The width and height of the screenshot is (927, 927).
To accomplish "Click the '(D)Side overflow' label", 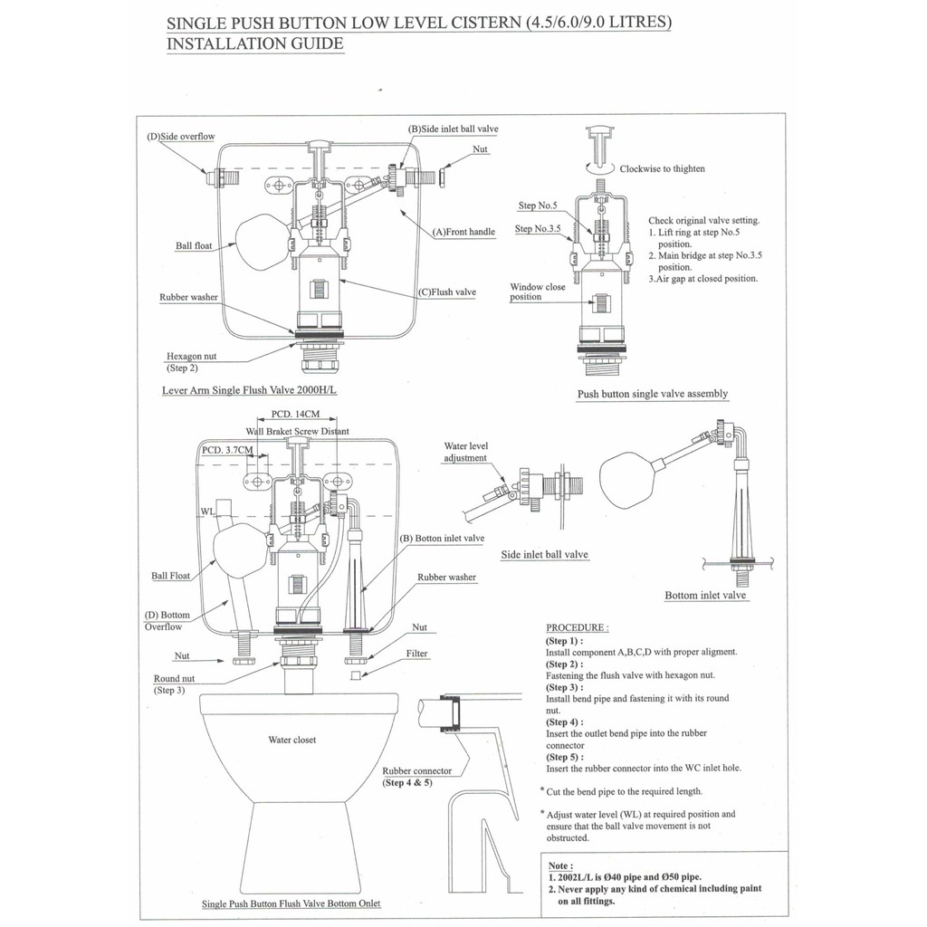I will (180, 137).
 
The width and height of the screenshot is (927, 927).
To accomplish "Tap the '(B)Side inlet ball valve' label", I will (453, 129).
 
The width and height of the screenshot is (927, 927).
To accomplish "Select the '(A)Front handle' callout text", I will (463, 232).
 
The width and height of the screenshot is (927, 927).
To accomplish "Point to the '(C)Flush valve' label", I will (448, 292).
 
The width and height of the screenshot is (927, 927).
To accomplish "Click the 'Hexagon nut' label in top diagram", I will (191, 357).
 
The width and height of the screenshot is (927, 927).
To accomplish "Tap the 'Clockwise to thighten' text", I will (662, 168).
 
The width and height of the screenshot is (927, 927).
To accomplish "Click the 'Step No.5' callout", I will (538, 205).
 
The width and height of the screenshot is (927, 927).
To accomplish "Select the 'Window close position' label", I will (538, 291).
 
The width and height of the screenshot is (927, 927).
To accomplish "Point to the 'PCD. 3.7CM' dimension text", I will (227, 450).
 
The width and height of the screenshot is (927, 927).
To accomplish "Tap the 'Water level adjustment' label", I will (465, 452).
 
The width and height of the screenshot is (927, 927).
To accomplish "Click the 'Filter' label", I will (417, 654).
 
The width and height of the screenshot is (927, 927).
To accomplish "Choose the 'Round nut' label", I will (174, 678).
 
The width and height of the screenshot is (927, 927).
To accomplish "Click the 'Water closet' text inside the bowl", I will (292, 740).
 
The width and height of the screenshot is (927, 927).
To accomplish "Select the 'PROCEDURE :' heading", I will (578, 627).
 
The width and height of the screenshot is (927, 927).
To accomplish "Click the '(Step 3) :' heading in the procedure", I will (565, 687).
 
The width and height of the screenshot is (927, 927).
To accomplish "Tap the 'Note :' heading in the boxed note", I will (561, 865).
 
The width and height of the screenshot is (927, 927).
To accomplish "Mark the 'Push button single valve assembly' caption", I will (653, 395).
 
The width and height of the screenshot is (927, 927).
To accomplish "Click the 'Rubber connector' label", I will (417, 770).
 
